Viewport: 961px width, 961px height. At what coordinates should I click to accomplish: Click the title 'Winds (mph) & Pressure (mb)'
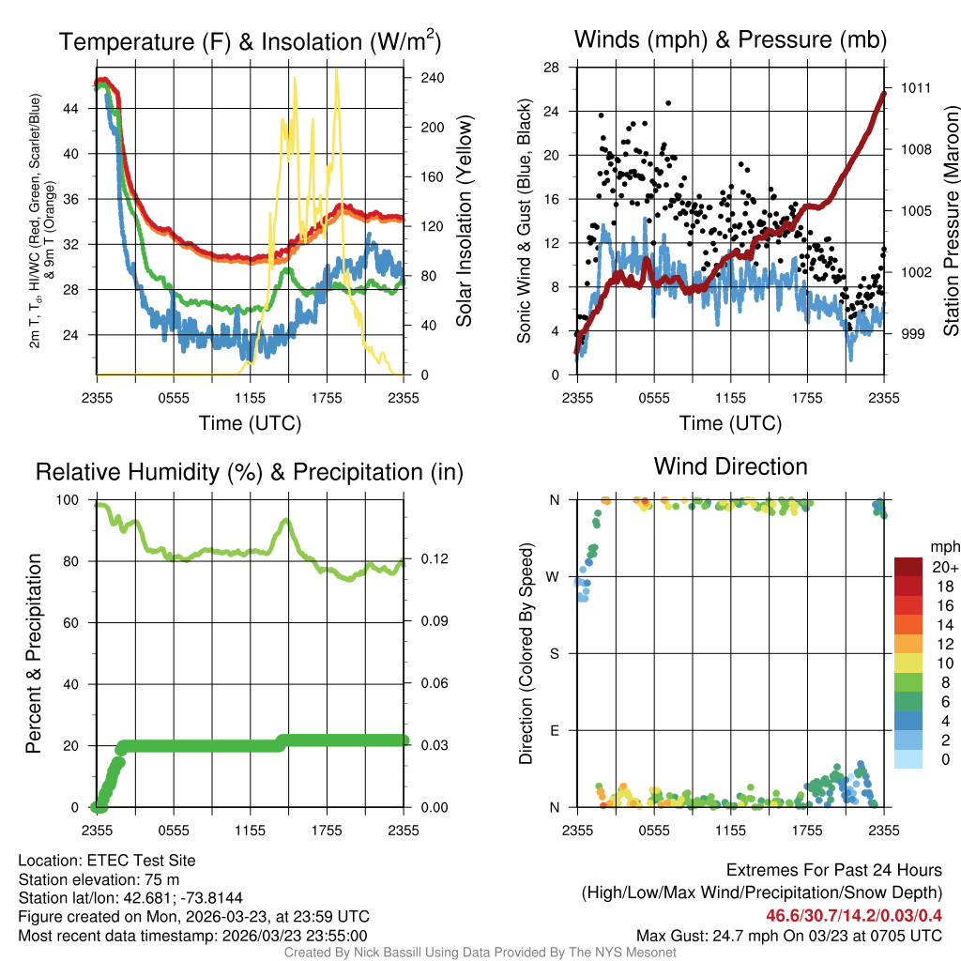(x=730, y=39)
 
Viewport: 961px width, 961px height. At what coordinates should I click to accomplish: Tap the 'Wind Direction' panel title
(x=730, y=466)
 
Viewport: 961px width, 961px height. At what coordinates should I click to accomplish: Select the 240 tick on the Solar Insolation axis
(x=432, y=78)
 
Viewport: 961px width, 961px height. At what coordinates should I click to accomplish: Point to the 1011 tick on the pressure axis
(x=916, y=87)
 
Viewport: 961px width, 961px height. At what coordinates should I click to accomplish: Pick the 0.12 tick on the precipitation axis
(x=433, y=560)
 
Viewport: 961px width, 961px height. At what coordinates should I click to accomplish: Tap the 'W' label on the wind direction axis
(x=554, y=576)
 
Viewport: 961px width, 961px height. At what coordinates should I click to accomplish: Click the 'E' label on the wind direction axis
(x=554, y=730)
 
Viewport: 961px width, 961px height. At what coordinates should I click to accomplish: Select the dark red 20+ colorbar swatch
(x=908, y=567)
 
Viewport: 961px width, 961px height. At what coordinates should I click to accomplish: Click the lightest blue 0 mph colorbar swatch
(x=908, y=758)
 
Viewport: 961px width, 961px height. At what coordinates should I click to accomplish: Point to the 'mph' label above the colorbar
(x=943, y=546)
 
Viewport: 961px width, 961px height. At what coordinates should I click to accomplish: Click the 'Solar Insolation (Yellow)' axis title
(x=464, y=220)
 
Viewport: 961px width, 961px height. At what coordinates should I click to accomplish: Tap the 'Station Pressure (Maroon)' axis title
(x=950, y=220)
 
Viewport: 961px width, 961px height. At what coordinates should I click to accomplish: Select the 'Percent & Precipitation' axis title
(x=34, y=653)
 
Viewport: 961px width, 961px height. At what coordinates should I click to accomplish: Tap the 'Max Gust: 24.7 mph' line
(x=788, y=936)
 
